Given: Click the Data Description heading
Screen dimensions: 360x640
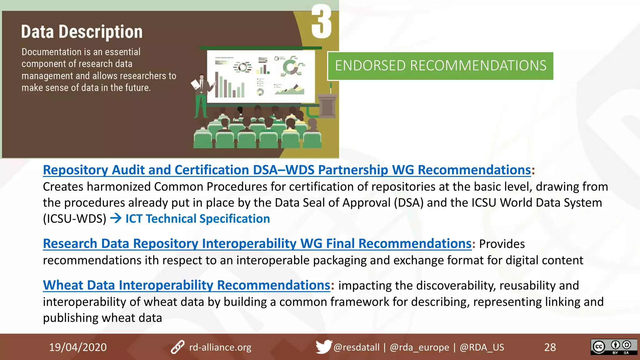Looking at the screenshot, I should (x=82, y=32).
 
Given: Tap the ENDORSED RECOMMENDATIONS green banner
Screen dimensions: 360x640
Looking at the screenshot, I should (x=440, y=66).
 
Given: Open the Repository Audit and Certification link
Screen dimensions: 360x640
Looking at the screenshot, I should (x=287, y=170).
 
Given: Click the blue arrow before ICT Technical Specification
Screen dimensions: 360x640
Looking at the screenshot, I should (x=116, y=218).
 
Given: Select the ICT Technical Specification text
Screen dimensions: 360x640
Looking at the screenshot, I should (x=197, y=219).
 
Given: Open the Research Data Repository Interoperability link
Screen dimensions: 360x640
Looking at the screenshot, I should (x=257, y=244).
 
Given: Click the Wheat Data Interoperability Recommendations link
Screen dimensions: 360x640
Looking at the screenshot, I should (x=187, y=285).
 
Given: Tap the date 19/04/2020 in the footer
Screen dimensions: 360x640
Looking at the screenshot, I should (x=78, y=347).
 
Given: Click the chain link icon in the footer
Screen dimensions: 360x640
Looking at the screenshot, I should (x=177, y=347).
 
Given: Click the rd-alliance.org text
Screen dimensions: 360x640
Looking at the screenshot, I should (x=220, y=347).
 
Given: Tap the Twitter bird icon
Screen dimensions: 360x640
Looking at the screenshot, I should (x=323, y=347).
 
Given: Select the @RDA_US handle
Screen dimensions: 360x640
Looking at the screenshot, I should (x=482, y=347).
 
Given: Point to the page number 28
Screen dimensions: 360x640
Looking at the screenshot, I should (x=550, y=347).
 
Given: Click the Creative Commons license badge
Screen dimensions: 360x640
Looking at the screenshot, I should (x=613, y=347).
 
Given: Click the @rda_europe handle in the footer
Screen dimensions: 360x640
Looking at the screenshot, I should (x=419, y=347).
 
